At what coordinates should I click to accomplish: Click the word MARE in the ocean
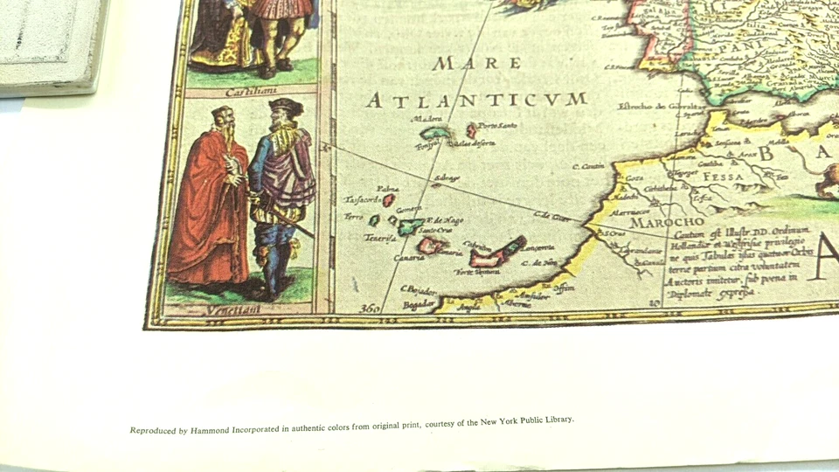pos(477,64)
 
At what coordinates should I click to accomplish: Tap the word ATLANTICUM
pos(475,101)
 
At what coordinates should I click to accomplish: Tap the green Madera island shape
pos(433,134)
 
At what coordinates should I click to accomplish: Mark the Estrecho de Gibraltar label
pos(650,108)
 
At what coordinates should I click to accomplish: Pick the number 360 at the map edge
pos(371,307)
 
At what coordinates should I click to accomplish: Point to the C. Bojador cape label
pos(419,288)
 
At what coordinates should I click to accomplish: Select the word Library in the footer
pos(554,420)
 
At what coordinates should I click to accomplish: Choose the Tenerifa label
pos(382,238)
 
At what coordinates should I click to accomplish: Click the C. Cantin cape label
pos(588,165)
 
